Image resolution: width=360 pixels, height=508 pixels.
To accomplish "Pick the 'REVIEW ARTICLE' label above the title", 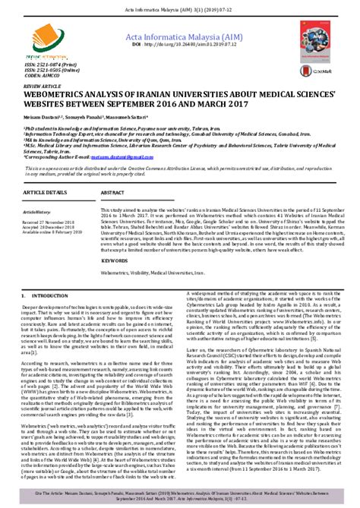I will coord(42,87).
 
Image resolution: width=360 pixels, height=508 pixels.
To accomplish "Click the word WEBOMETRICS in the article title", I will coord(63,95).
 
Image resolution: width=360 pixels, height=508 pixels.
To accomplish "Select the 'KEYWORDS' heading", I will coord(117,260).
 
